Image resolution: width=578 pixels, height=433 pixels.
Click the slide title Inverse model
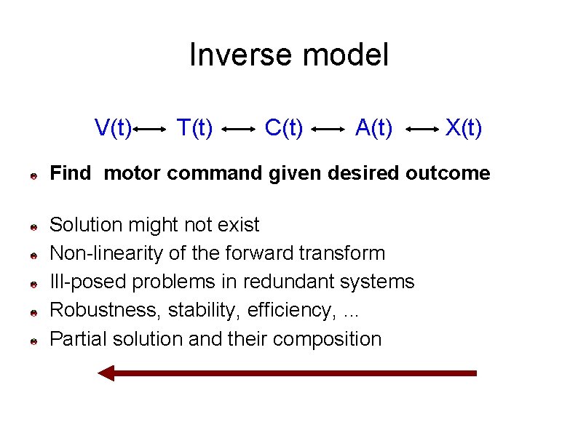(x=289, y=55)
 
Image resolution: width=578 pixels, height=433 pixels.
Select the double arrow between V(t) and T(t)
(x=151, y=130)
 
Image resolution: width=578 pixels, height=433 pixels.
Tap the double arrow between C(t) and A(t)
(x=328, y=130)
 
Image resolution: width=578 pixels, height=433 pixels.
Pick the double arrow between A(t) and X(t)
(x=420, y=130)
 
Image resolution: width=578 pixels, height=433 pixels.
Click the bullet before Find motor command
(x=33, y=175)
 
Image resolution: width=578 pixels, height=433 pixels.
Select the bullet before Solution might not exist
(x=33, y=227)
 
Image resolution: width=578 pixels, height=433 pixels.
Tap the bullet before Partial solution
(x=33, y=341)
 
